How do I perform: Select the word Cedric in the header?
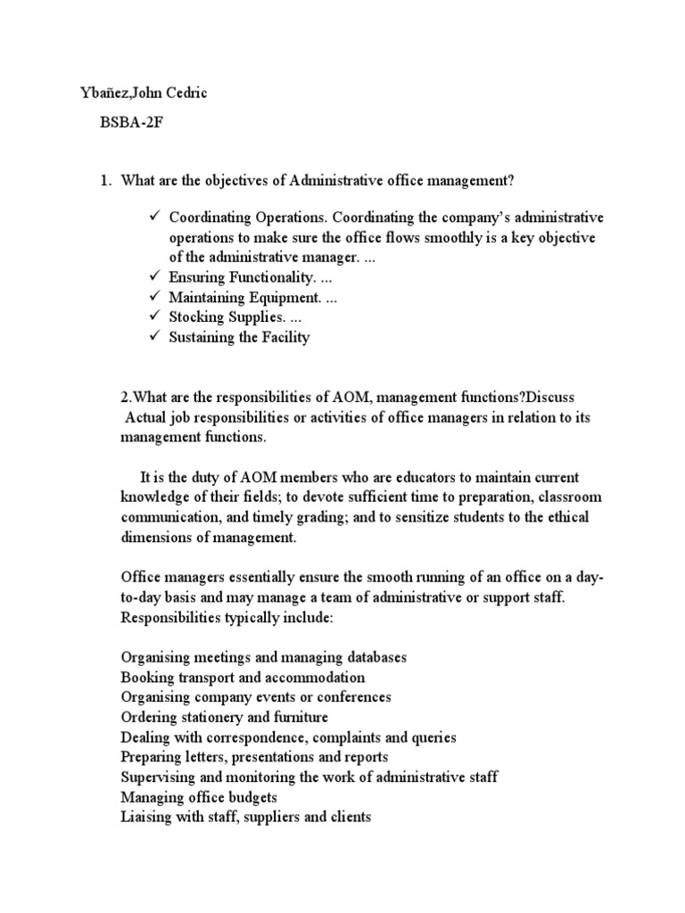(x=185, y=94)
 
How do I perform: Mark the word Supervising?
(x=158, y=777)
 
